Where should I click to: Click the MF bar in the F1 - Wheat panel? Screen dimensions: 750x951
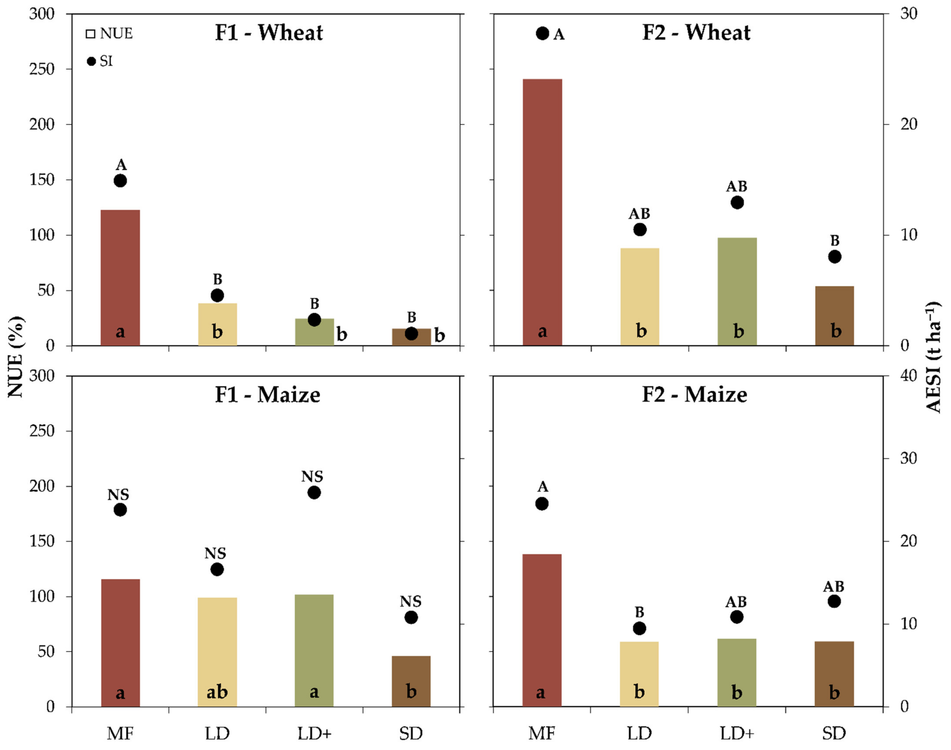(x=120, y=278)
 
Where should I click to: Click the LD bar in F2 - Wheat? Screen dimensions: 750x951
(x=640, y=297)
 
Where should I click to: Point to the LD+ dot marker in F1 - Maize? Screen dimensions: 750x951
(x=314, y=493)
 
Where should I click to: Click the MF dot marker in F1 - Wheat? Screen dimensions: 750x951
(x=120, y=181)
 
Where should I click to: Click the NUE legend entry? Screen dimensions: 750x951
(x=110, y=34)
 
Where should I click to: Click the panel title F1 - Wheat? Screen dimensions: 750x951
(x=269, y=33)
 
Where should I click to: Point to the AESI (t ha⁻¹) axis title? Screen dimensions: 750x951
(x=934, y=357)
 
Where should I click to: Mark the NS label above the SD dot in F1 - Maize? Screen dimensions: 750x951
(x=411, y=601)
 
